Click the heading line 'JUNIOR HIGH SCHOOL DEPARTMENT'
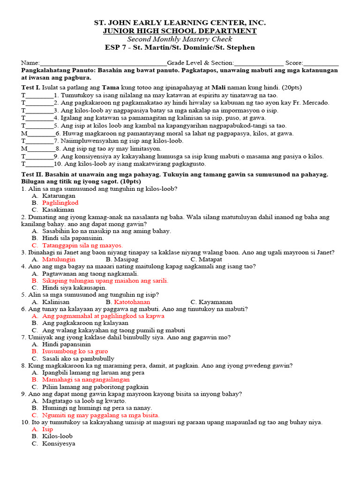180,31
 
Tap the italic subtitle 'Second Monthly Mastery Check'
180,39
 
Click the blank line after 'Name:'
103,63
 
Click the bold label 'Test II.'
32,174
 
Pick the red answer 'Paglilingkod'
60,203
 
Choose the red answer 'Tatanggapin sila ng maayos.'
82,245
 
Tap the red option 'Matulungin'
59,259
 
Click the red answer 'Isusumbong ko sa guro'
75,351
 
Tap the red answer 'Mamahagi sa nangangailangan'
86,380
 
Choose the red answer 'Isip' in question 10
48,429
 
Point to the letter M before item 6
24,134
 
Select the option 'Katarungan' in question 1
59,195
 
